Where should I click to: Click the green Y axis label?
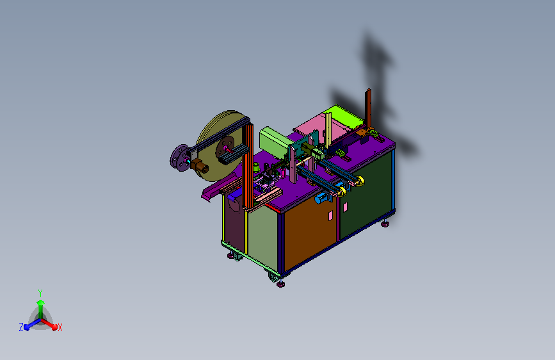(40, 293)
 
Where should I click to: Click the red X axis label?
(60, 327)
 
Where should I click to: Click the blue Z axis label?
(21, 327)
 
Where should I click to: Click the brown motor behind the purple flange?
(201, 167)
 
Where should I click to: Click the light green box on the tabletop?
(275, 142)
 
